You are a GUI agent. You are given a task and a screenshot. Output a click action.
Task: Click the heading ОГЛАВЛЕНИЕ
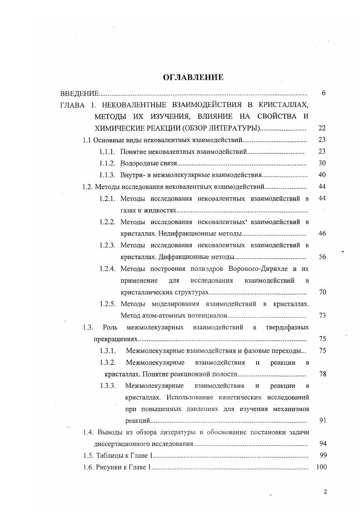click(x=193, y=77)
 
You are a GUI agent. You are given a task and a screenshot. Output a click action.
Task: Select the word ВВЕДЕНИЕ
click(x=79, y=93)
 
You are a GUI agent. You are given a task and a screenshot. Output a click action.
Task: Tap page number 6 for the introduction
click(x=323, y=93)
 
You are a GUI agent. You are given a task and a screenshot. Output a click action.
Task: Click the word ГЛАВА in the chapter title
click(x=73, y=105)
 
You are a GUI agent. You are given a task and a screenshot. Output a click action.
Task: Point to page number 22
click(x=322, y=128)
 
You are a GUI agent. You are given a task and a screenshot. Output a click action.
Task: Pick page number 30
click(x=322, y=163)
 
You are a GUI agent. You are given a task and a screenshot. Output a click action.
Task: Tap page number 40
click(x=322, y=175)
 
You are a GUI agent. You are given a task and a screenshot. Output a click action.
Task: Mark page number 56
click(x=322, y=257)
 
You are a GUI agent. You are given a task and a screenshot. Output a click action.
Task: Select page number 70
click(x=322, y=292)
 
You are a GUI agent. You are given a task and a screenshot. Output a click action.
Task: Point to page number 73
click(x=322, y=316)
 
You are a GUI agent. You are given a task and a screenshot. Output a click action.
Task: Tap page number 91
click(x=322, y=421)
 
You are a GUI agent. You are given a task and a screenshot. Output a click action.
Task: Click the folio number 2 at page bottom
click(x=325, y=492)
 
